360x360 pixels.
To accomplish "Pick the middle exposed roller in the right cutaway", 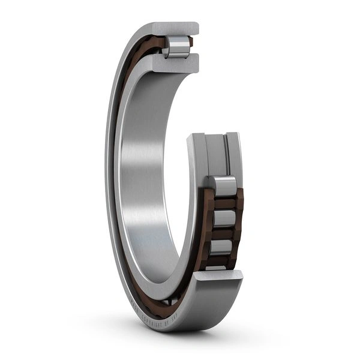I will click(x=224, y=218).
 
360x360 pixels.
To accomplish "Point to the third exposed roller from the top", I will click(x=222, y=246).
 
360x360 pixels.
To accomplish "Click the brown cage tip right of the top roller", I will click(x=191, y=42).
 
